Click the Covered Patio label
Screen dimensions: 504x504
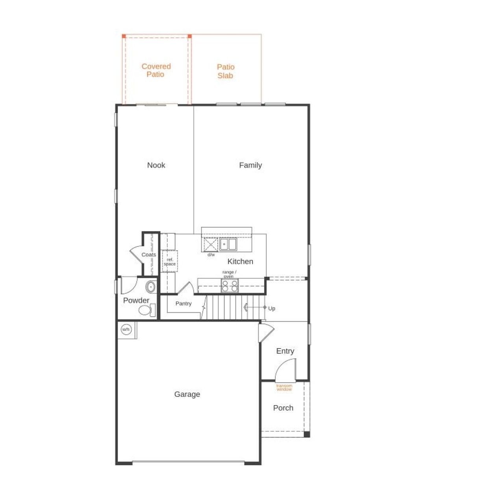156,70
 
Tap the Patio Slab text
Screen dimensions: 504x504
226,71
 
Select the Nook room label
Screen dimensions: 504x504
156,165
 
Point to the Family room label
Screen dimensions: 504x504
250,165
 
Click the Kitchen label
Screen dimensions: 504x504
240,261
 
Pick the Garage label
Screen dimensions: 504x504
187,394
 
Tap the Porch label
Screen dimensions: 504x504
283,408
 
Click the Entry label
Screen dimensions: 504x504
285,351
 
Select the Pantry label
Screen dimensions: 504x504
183,304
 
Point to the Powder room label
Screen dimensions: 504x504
136,300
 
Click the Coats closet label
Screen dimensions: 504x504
149,255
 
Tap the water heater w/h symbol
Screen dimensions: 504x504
126,330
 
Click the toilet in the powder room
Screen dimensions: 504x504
146,310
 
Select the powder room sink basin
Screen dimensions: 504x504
150,287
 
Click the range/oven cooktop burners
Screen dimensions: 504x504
229,286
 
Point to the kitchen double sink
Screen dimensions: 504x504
228,245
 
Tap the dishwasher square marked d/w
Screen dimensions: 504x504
211,245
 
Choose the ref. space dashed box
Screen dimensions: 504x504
170,261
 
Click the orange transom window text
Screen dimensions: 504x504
284,387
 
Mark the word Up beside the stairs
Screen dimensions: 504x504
272,309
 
